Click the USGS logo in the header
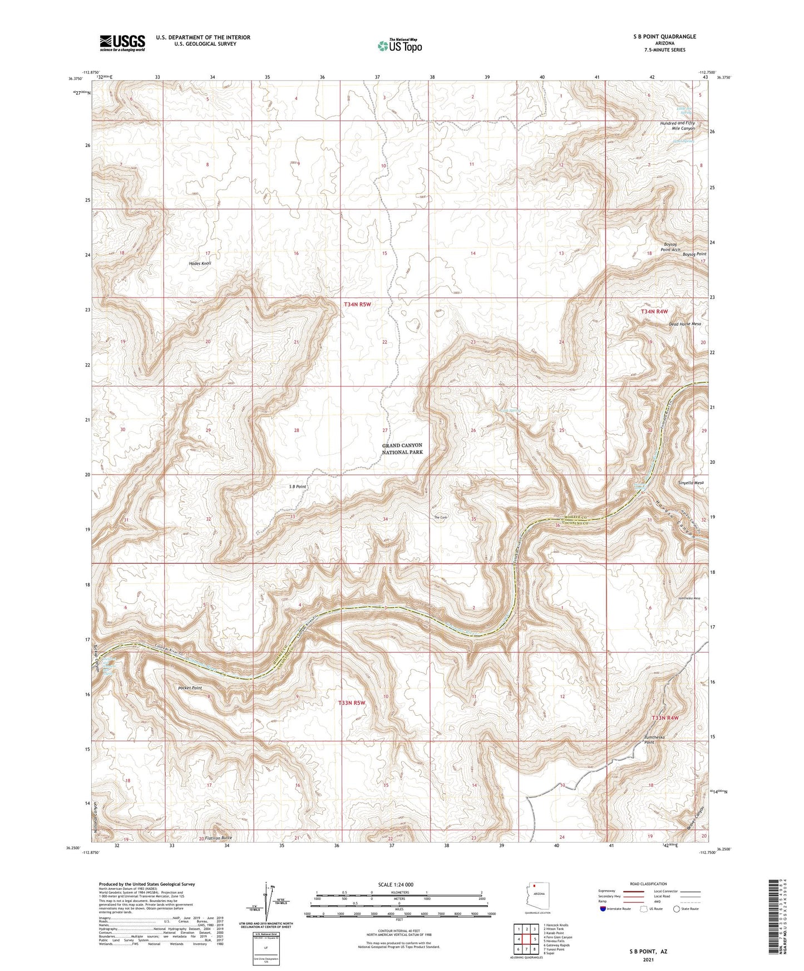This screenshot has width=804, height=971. [x=122, y=43]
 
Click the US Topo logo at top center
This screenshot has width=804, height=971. [x=399, y=46]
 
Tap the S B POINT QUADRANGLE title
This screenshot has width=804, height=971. [x=664, y=37]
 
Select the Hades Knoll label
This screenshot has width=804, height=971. [x=200, y=263]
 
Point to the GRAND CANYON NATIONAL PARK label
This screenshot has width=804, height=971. [x=402, y=449]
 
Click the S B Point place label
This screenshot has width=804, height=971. [x=297, y=487]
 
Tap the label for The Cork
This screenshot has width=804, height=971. [x=440, y=518]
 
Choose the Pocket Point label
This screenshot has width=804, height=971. [x=190, y=688]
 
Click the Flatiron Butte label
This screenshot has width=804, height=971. [x=218, y=838]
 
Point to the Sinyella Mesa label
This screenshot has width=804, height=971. [x=691, y=483]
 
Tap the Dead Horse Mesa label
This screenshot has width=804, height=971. [x=684, y=324]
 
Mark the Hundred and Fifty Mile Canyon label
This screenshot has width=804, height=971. [x=677, y=126]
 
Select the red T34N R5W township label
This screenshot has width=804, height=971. [x=357, y=305]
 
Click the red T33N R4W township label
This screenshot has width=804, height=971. [x=665, y=718]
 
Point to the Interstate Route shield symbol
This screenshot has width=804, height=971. [x=603, y=909]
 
